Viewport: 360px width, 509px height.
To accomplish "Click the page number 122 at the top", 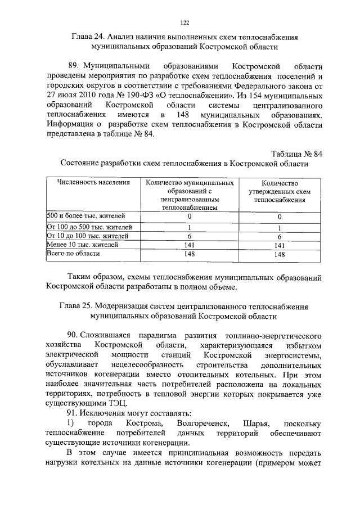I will tap(184, 22).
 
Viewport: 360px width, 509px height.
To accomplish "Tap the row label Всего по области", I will tap(74, 254).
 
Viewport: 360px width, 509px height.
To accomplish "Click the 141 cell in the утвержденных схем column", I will tap(280, 246).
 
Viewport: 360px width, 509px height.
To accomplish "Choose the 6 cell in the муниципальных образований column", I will tap(190, 236).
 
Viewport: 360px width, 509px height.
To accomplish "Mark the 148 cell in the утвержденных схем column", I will tap(280, 255).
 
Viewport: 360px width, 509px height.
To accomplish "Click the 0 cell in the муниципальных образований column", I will tap(190, 216).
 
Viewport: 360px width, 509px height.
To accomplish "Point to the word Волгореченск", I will tap(199, 423).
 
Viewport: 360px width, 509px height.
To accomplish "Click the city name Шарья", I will tap(255, 423).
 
